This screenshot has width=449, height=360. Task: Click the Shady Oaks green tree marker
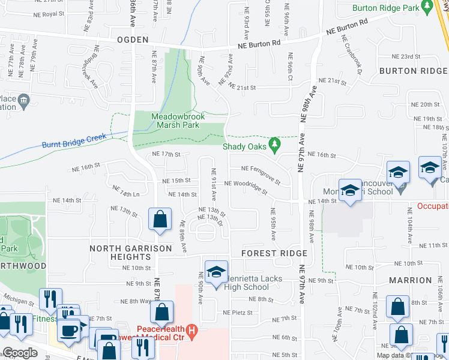coord(274,144)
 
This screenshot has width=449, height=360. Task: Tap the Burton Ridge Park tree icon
coord(427,6)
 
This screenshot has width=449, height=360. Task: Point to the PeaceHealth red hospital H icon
coord(191,329)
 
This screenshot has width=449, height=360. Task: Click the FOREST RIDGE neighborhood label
coord(274,253)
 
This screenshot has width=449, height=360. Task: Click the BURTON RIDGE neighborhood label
coord(413,71)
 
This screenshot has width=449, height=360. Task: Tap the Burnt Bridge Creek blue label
coord(74,142)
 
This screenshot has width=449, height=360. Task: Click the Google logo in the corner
coord(20,353)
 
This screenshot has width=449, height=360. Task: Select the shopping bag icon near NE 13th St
coord(160,220)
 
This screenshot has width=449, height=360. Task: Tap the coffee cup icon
coord(68,332)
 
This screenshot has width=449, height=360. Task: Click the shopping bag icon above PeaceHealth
coord(161,312)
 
